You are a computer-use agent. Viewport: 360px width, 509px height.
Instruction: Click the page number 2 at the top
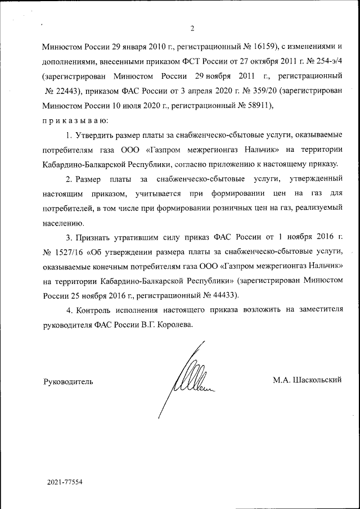pos(192,29)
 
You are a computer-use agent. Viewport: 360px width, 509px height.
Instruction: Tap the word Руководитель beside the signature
pos(68,381)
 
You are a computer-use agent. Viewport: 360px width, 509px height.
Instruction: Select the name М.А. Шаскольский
pos(307,380)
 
